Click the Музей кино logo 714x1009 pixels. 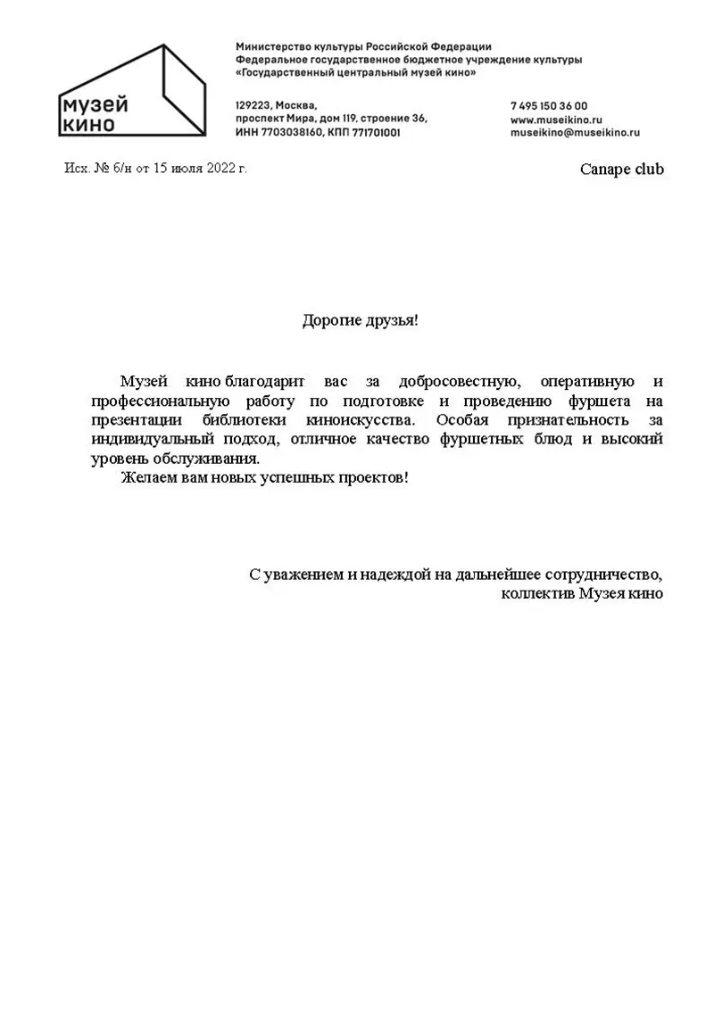click(131, 93)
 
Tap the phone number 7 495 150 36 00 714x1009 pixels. click(549, 105)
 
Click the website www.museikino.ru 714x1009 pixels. click(557, 119)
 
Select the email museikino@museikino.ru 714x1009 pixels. click(576, 132)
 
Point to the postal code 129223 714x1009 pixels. click(253, 105)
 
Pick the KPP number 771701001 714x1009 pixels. click(376, 132)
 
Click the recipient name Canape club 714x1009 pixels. click(622, 170)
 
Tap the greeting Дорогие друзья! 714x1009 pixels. click(360, 319)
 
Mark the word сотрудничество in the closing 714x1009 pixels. click(604, 574)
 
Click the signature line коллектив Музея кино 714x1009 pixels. click(582, 592)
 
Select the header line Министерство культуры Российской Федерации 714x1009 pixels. click(363, 45)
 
